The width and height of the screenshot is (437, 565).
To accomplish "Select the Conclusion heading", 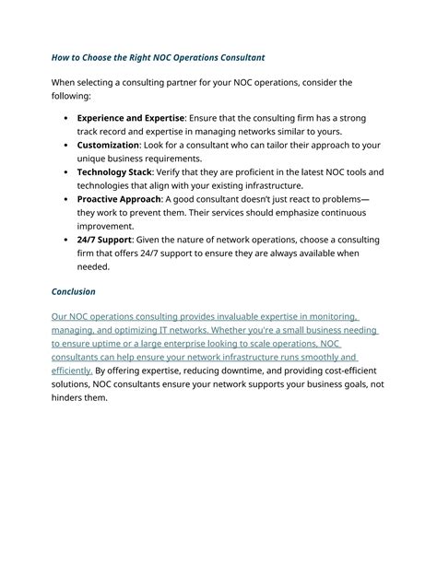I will (x=74, y=292).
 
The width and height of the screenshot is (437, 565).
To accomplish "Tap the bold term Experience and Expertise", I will (x=130, y=118).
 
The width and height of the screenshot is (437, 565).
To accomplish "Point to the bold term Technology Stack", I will (x=113, y=172).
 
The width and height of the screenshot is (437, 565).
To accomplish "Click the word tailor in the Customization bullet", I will (x=270, y=145).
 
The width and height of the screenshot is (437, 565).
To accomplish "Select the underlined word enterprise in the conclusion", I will (x=165, y=344).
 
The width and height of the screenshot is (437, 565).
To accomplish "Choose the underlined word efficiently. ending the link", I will (x=71, y=371).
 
